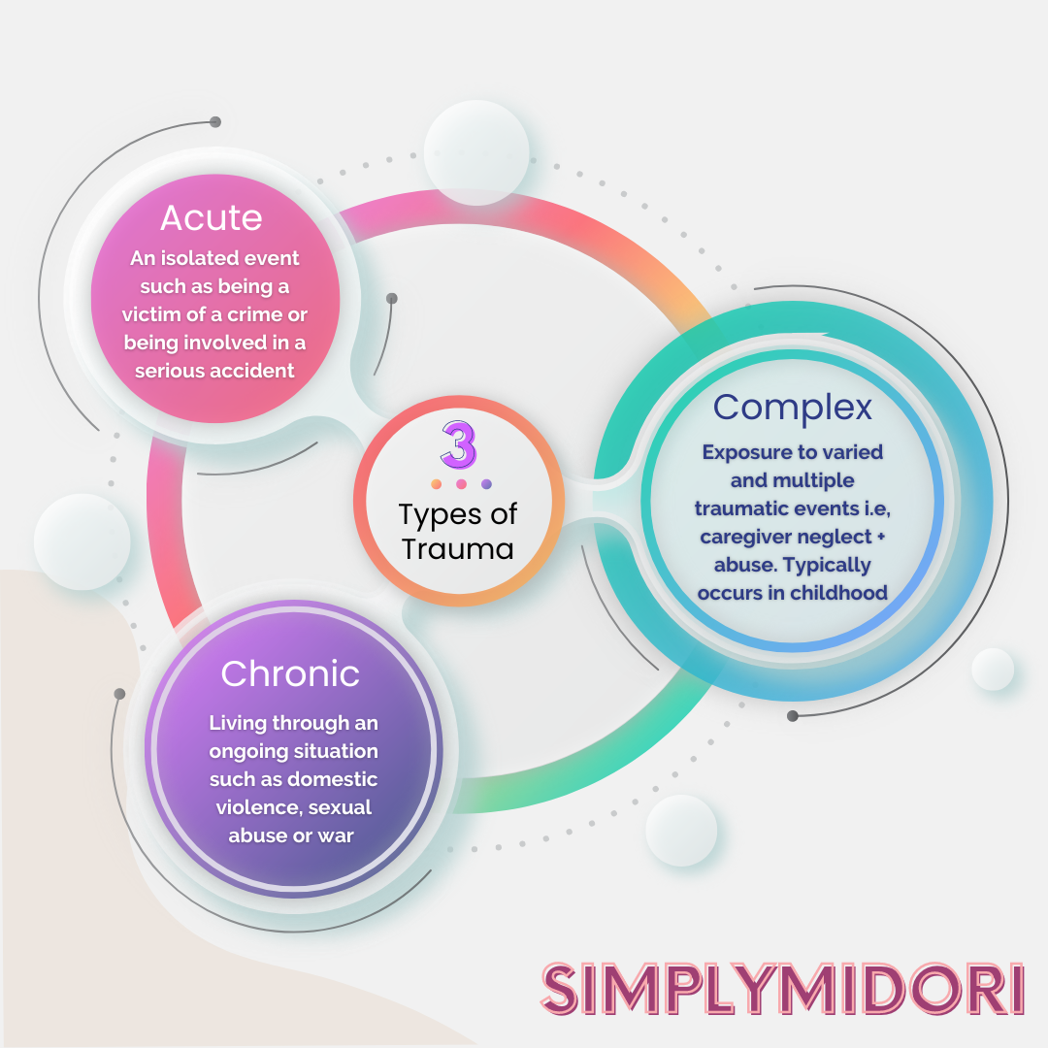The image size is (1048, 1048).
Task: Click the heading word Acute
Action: (212, 217)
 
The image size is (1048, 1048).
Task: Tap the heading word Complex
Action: (793, 407)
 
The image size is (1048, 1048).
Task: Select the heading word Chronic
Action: (290, 673)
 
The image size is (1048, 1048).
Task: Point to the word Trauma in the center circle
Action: (458, 548)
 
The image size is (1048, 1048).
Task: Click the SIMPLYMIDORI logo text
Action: (782, 989)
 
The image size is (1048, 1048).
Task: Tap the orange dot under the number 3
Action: (437, 484)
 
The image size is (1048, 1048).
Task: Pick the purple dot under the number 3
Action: (486, 484)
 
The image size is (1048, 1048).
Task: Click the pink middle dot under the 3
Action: (462, 484)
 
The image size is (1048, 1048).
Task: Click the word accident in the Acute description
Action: (249, 371)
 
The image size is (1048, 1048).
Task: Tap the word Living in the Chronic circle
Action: (238, 723)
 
